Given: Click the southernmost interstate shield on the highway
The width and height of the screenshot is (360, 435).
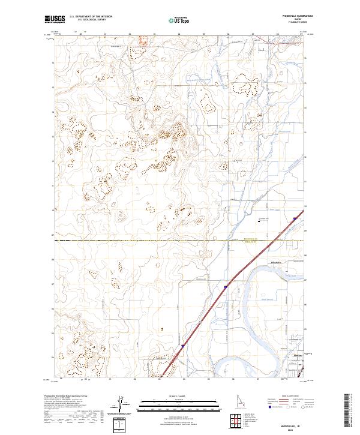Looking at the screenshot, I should click(182, 346).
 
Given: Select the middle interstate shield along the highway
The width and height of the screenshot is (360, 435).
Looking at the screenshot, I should click(226, 287).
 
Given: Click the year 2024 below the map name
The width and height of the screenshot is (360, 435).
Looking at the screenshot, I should click(292, 430).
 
